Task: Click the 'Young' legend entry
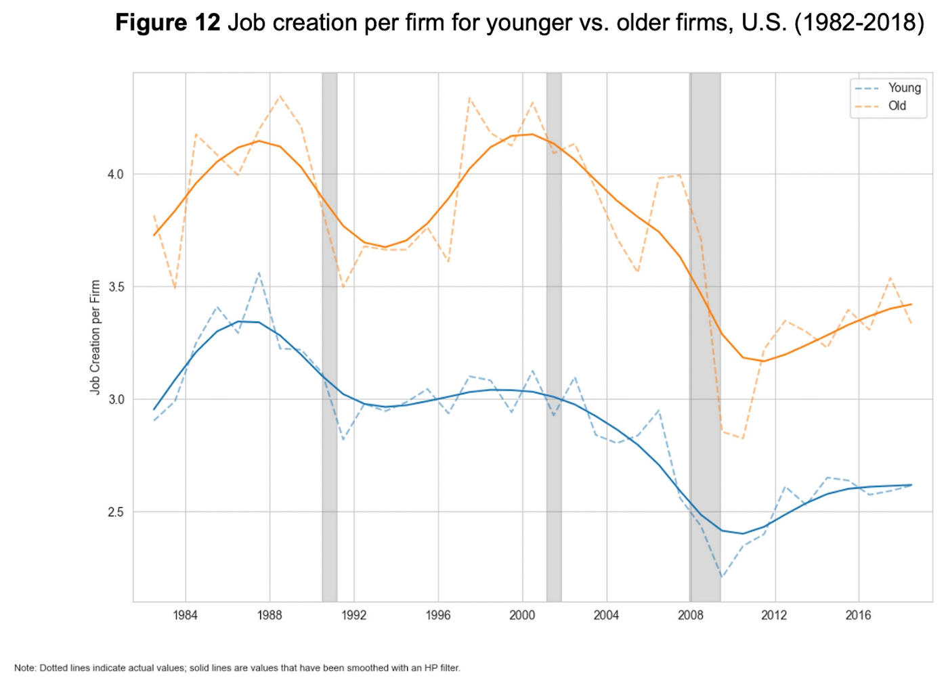pos(904,88)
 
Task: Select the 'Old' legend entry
pos(897,106)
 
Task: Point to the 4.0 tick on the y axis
pos(116,175)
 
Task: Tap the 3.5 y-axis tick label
pos(116,287)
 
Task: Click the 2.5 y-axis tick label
pos(116,512)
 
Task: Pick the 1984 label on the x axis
pos(185,615)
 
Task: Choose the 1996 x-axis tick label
pos(438,615)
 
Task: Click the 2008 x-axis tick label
pos(691,615)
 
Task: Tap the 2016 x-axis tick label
pos(859,615)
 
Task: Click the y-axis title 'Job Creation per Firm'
pos(95,337)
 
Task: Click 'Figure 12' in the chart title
pos(167,23)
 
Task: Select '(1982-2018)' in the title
pos(859,23)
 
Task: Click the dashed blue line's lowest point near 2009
pos(722,577)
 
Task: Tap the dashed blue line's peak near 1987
pos(259,273)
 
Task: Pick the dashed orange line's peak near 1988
pos(280,96)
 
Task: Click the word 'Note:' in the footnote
pos(25,668)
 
